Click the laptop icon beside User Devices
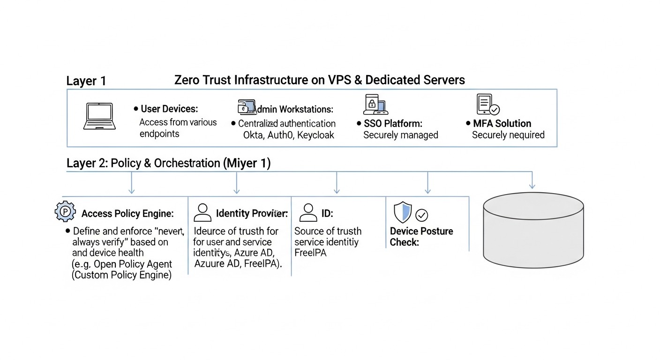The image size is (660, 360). (100, 116)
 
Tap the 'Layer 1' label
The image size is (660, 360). (86, 81)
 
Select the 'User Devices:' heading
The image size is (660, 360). (169, 109)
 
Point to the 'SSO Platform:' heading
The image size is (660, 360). (393, 123)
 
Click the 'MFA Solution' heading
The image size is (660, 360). (502, 123)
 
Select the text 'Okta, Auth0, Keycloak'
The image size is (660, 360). (289, 135)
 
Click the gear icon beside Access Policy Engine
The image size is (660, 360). (65, 212)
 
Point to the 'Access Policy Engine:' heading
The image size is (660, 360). (127, 214)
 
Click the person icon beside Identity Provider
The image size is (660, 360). (202, 212)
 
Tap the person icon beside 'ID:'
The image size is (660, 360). (308, 212)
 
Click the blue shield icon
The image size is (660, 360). (402, 212)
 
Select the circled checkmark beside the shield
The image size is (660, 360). (422, 215)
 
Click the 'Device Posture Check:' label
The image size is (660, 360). (421, 237)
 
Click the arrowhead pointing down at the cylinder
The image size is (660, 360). (532, 186)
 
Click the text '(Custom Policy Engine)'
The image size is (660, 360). (121, 275)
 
